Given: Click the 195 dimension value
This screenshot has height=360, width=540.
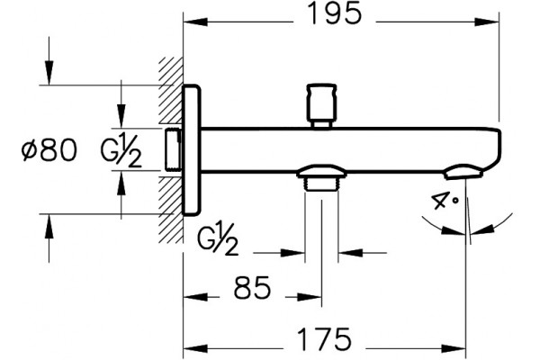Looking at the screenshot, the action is [x=335, y=13].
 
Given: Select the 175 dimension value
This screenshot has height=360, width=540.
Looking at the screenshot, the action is [x=324, y=339].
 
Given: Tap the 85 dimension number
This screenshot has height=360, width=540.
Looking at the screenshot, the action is [x=252, y=288].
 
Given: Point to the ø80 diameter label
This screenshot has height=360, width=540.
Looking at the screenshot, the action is [x=49, y=149].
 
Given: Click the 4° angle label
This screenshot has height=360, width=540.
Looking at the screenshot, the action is [x=445, y=201].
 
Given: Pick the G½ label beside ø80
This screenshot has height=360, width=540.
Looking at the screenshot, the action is [x=121, y=150].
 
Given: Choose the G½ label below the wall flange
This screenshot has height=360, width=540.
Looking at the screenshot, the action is [x=218, y=239].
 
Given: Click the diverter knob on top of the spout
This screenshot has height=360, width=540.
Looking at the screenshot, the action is [x=321, y=106].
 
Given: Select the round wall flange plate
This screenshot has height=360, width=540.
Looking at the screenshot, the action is [x=191, y=150].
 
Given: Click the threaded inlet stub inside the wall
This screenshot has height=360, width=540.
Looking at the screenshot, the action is [x=173, y=149].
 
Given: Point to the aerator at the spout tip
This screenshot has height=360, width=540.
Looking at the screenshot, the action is [x=463, y=172].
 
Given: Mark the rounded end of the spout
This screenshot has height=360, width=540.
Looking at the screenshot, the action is [x=495, y=148].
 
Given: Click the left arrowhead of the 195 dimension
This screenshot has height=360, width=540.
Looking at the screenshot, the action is [x=195, y=22].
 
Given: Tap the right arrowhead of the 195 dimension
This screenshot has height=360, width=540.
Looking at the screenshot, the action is [x=487, y=22].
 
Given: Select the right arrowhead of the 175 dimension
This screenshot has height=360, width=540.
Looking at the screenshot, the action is [x=454, y=348].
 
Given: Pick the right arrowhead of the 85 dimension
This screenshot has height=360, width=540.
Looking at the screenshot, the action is [x=310, y=297].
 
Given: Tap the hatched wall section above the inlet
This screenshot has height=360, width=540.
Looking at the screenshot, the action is [x=171, y=91].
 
